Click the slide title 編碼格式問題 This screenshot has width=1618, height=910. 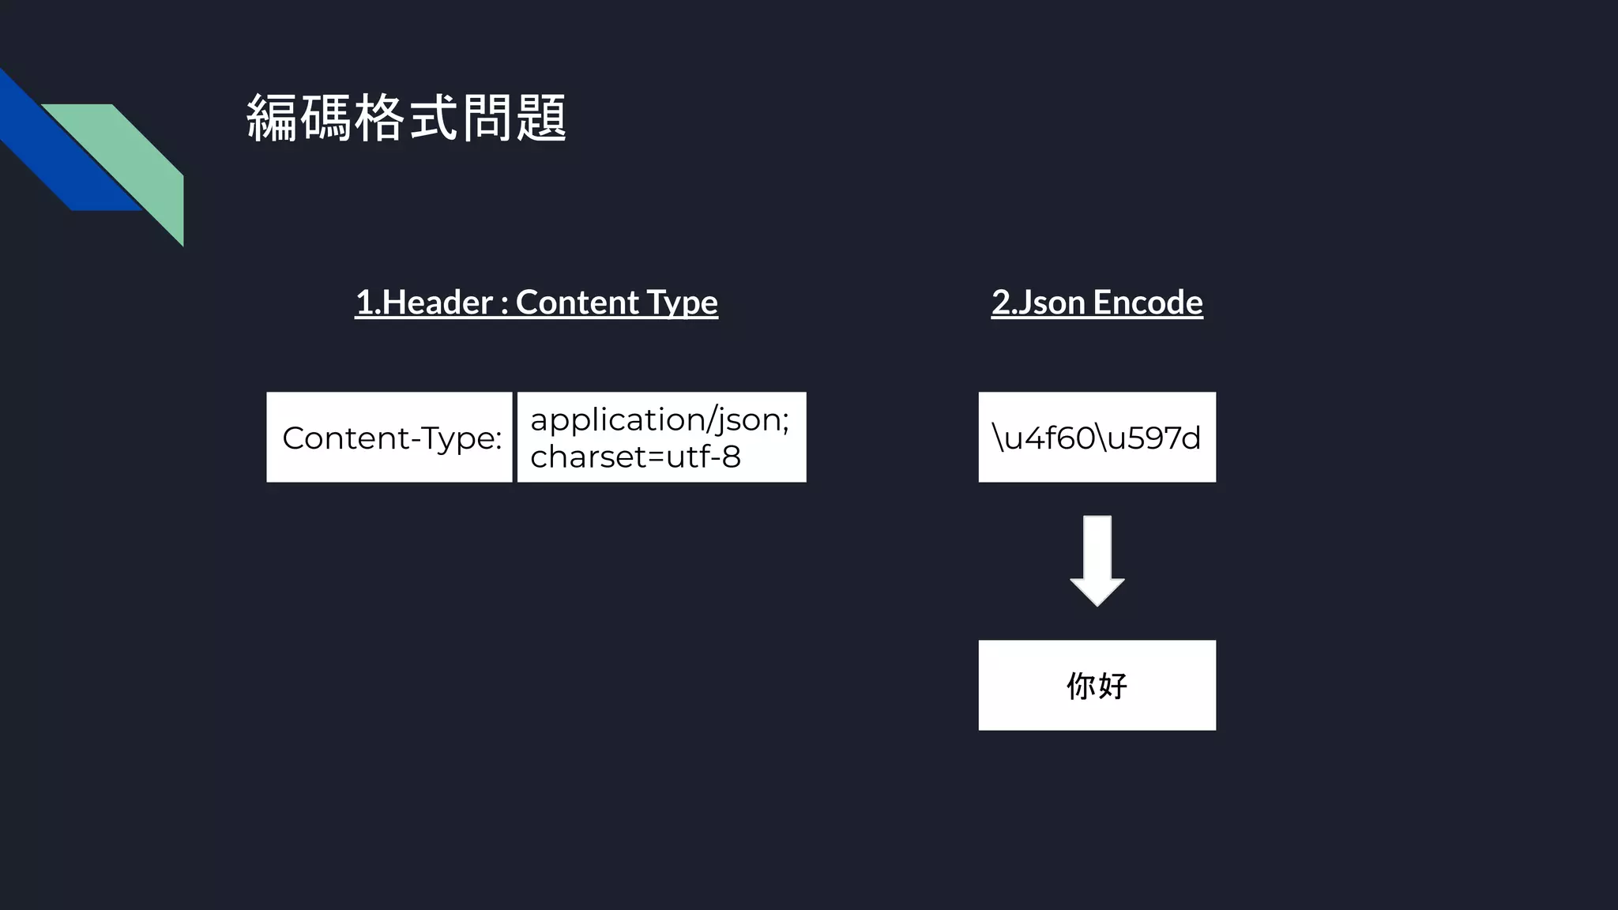click(406, 118)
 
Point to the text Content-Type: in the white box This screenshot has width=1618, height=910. click(392, 438)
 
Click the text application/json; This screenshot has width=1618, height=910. click(659, 419)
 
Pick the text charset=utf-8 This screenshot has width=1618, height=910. click(635, 457)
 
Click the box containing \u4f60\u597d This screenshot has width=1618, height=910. click(1097, 438)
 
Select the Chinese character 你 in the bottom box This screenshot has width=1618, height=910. click(1081, 686)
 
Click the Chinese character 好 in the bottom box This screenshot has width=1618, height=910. click(1112, 686)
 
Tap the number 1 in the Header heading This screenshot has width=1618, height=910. click(363, 303)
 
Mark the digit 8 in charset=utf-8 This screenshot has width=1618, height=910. click(731, 457)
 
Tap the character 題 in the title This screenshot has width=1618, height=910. click(541, 118)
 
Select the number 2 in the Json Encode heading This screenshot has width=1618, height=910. click(1001, 303)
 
